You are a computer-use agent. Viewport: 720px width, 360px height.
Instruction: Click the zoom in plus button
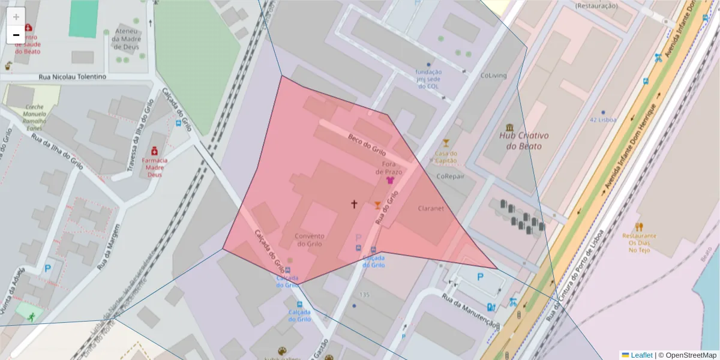pos(16,17)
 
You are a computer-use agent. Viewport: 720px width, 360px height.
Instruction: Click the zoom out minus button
pos(16,35)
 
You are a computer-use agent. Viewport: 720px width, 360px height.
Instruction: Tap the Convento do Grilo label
pos(309,240)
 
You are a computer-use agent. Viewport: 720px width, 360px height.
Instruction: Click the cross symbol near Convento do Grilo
pos(354,204)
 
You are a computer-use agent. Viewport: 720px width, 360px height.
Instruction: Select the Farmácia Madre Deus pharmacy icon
pos(154,149)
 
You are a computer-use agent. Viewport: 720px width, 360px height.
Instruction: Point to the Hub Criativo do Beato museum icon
pos(509,127)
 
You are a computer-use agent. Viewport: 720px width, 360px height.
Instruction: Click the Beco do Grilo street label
pos(367,145)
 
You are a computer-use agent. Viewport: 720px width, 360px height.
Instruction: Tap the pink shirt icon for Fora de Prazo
pos(390,180)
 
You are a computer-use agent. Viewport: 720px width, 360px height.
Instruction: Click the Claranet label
pos(431,209)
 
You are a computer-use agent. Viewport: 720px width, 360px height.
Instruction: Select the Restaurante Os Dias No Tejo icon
pos(639,227)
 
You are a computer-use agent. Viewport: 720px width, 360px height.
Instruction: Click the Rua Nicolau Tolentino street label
pos(72,77)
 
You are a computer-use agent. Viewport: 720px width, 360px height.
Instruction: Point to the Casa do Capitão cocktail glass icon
pos(445,143)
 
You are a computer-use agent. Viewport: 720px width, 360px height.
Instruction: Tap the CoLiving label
pos(493,76)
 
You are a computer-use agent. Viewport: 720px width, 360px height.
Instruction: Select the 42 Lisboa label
pos(603,119)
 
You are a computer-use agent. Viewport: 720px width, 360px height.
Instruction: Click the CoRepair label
pos(450,176)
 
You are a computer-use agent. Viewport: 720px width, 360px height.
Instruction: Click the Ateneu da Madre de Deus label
pos(127,39)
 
